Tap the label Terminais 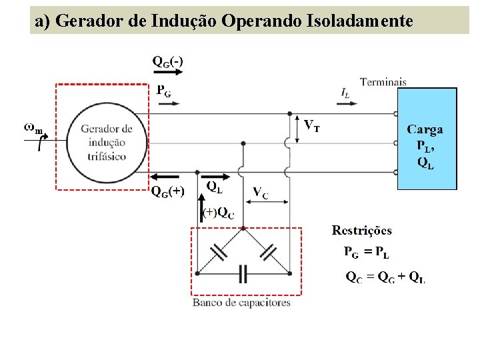point(383,82)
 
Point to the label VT point(311,125)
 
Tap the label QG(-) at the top point(168,61)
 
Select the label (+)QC point(219,213)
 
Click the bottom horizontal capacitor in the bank point(243,273)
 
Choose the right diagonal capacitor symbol point(268,251)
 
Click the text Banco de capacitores point(241,303)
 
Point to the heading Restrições point(362,231)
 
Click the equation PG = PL point(367,252)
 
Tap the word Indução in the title point(183,21)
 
